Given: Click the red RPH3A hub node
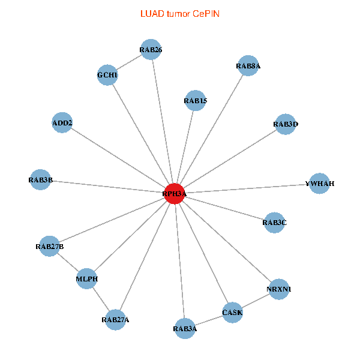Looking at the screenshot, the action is click(175, 194).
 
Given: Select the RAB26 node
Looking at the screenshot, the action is click(151, 49).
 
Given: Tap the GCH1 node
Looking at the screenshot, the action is click(107, 76).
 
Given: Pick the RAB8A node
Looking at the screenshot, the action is click(248, 66).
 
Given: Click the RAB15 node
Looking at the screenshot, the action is click(196, 101).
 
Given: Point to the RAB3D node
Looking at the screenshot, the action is click(285, 124).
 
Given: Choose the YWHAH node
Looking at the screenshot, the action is click(319, 183).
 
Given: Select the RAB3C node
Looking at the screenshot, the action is click(274, 223).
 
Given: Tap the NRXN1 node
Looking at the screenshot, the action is click(278, 289).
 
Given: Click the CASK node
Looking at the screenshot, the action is click(232, 313).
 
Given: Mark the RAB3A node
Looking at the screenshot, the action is click(185, 328).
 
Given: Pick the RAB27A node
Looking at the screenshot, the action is click(115, 319).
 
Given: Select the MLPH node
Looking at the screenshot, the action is click(87, 279).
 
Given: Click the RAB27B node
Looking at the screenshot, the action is click(49, 246).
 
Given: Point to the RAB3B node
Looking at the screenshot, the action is click(40, 179).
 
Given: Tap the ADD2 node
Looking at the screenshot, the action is click(62, 123).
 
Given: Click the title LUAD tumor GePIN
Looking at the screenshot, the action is click(180, 13).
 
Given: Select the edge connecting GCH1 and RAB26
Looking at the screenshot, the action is click(129, 62).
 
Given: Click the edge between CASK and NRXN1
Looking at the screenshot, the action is click(256, 301).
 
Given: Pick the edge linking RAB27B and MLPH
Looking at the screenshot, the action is click(68, 262).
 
